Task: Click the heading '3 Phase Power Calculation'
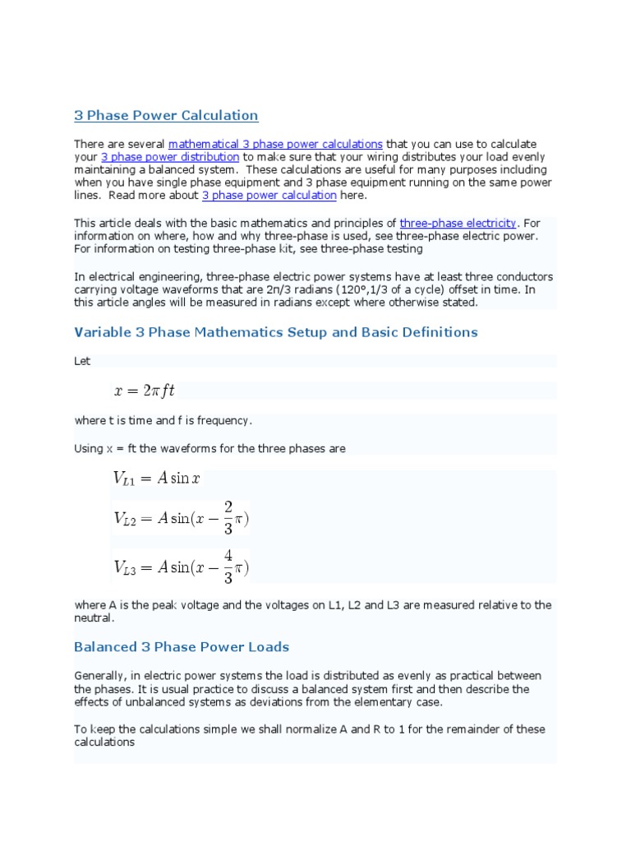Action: tap(166, 115)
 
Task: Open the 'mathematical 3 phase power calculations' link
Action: tap(275, 144)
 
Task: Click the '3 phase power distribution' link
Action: tap(170, 156)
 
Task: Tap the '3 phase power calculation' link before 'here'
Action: tap(269, 196)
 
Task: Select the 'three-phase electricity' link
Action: tap(458, 223)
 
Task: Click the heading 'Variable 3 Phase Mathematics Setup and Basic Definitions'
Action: tap(275, 332)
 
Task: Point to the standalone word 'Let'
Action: tap(82, 361)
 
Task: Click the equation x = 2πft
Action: tap(144, 391)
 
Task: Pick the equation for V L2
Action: tap(180, 519)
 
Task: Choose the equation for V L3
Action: tap(180, 567)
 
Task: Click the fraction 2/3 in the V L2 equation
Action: tap(228, 518)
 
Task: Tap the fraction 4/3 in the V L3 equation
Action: tap(228, 567)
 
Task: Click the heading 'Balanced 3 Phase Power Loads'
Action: tap(182, 647)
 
